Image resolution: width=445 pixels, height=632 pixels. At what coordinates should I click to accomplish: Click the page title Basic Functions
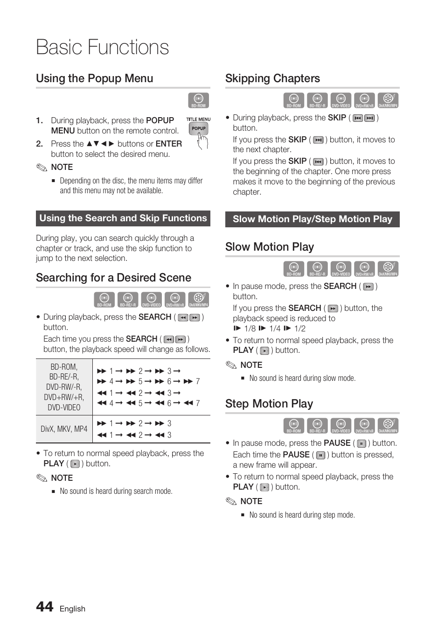point(102,48)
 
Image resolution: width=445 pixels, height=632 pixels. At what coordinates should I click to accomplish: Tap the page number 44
point(44,607)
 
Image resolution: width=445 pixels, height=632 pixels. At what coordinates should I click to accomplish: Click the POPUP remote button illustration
point(199,129)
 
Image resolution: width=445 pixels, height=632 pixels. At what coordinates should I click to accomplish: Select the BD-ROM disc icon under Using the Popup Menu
point(198,100)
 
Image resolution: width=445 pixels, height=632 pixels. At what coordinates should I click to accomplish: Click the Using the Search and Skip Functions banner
point(123,218)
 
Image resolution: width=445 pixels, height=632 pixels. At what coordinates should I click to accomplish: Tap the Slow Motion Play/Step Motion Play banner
point(312,219)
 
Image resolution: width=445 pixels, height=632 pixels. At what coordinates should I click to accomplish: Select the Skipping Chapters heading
point(272,78)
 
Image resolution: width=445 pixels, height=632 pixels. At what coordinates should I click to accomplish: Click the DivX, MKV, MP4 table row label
point(64,429)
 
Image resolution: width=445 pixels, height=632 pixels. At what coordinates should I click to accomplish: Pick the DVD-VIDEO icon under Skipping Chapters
point(341,100)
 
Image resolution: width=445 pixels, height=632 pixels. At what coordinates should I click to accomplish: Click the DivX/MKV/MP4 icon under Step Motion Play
point(388,426)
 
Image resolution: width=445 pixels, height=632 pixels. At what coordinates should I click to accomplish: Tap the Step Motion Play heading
point(269,404)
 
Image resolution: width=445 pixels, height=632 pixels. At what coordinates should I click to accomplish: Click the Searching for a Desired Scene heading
point(113,278)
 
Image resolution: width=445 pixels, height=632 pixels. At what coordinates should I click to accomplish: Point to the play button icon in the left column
point(75,464)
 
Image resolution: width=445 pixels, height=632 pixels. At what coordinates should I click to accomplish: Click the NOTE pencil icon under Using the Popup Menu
point(42,168)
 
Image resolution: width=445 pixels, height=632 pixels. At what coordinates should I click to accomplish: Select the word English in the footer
point(72,609)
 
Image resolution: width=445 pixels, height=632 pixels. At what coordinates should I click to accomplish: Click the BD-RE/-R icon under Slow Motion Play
point(317,269)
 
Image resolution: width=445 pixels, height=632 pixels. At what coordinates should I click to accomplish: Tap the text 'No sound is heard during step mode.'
point(302,515)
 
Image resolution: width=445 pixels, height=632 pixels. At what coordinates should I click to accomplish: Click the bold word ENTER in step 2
point(169,144)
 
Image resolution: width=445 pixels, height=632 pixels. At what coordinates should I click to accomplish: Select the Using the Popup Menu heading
point(94,78)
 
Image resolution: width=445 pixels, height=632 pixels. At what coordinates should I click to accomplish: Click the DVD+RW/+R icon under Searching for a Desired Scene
point(175,300)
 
